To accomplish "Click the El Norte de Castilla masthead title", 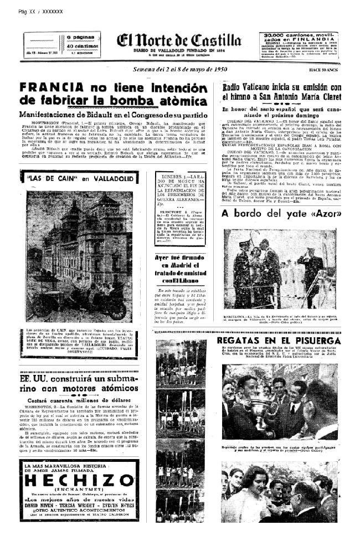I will pos(178,40).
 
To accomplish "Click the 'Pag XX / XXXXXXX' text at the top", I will pos(40,12).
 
